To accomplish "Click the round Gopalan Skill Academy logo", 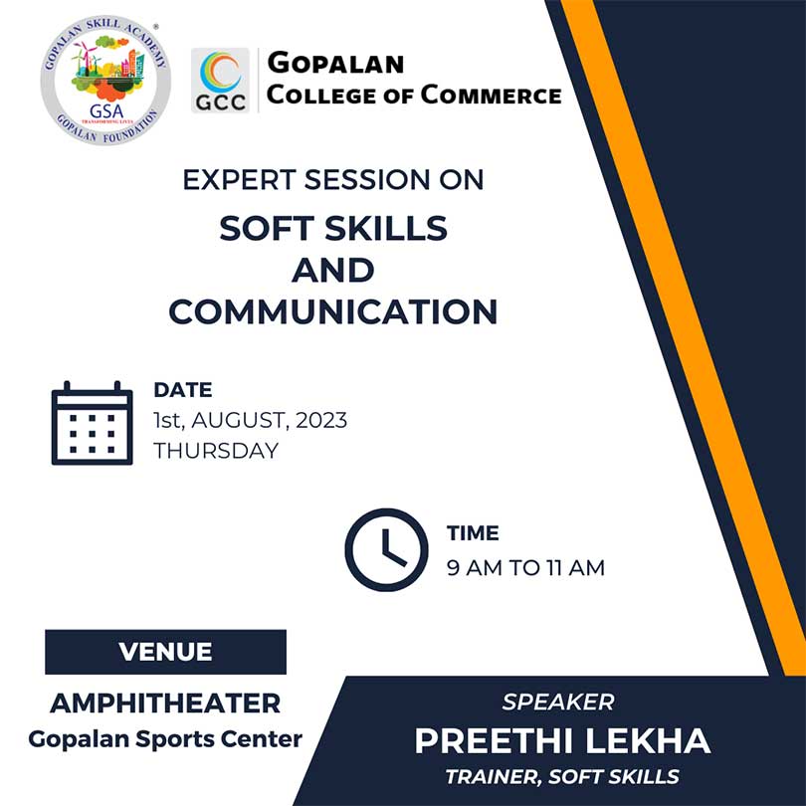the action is point(105,81).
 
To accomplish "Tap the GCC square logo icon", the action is point(220,81).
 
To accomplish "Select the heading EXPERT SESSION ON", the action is point(333,180).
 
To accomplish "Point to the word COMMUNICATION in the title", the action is point(333,311).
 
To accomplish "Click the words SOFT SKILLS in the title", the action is point(333,228).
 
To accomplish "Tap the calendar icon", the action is point(92,423).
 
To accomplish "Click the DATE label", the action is point(183,390).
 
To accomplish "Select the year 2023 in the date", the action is point(321,420).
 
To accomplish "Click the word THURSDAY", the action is point(216,451).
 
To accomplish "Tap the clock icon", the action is point(386,549).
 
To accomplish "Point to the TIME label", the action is point(473,533).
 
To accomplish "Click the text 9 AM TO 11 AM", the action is point(525,568).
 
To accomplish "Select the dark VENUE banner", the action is point(165,652).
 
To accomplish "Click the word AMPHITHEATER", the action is point(165,704).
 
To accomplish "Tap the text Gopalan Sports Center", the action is point(165,739).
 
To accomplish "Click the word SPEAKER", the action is point(558,703).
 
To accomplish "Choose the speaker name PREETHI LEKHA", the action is point(562,740).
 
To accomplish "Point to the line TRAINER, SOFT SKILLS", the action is point(562,777).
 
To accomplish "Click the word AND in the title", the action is point(333,270).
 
